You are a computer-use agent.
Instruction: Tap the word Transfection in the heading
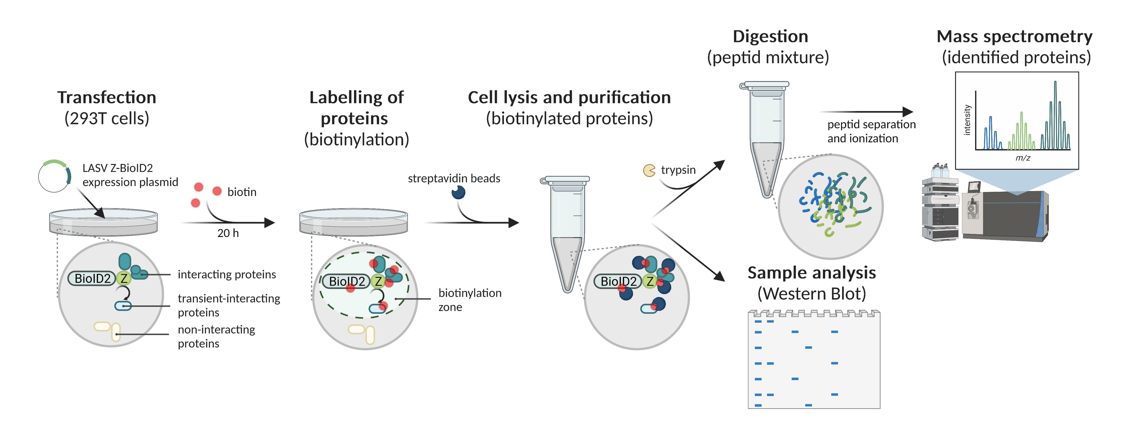(106, 97)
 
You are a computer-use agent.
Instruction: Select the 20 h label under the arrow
(228, 233)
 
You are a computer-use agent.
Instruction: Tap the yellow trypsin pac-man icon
(649, 170)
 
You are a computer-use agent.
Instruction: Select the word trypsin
(678, 170)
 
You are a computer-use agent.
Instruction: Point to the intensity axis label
(967, 120)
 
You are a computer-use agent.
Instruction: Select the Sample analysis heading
(812, 273)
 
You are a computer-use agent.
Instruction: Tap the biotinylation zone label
(470, 300)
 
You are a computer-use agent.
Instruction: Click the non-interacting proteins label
(216, 337)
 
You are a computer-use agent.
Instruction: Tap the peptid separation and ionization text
(871, 131)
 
